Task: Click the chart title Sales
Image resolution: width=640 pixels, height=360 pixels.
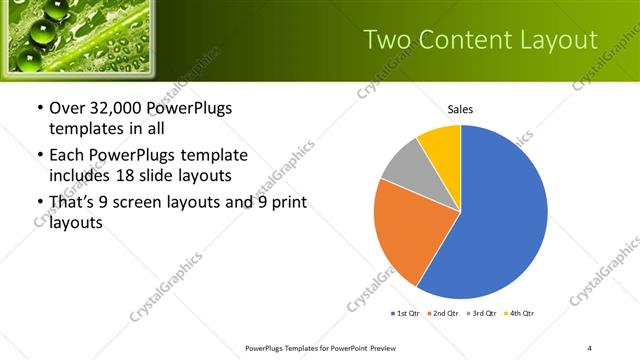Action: tap(460, 110)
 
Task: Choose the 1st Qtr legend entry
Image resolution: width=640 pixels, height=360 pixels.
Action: tap(407, 314)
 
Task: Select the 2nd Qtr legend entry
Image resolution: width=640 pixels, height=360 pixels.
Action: tap(444, 314)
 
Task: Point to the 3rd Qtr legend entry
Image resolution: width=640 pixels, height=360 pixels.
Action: tap(482, 314)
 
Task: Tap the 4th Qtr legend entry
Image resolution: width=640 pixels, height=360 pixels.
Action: tap(519, 314)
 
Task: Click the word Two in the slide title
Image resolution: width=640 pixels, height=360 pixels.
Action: tap(385, 40)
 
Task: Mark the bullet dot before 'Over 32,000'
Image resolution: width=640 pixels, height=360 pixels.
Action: tap(39, 108)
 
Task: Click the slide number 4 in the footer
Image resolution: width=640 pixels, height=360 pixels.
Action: tap(590, 347)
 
